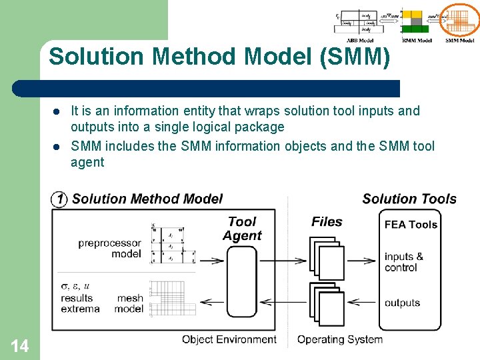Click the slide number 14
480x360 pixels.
(x=20, y=345)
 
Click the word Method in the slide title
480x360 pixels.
(x=195, y=57)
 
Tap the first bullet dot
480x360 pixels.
(x=57, y=111)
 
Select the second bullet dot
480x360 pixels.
(x=57, y=146)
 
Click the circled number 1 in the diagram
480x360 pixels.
(x=60, y=199)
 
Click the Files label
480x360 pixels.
(x=327, y=222)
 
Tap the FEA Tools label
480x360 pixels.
(x=411, y=225)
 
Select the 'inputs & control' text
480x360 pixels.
(x=403, y=262)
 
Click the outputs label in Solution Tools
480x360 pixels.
(x=402, y=303)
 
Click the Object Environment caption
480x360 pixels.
(x=229, y=339)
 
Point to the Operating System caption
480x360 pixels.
(x=340, y=339)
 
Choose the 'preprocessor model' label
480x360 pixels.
(x=109, y=248)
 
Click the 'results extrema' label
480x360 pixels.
(x=80, y=303)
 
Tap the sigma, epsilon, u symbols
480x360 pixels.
(x=75, y=286)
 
